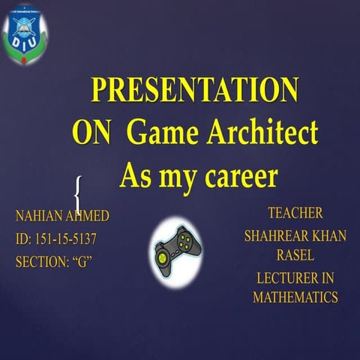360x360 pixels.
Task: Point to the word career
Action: tap(239, 177)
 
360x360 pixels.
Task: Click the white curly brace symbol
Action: tap(78, 194)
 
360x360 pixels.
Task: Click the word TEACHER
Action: tap(295, 213)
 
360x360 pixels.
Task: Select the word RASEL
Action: tap(295, 256)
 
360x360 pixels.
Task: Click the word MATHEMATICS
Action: tap(295, 297)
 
